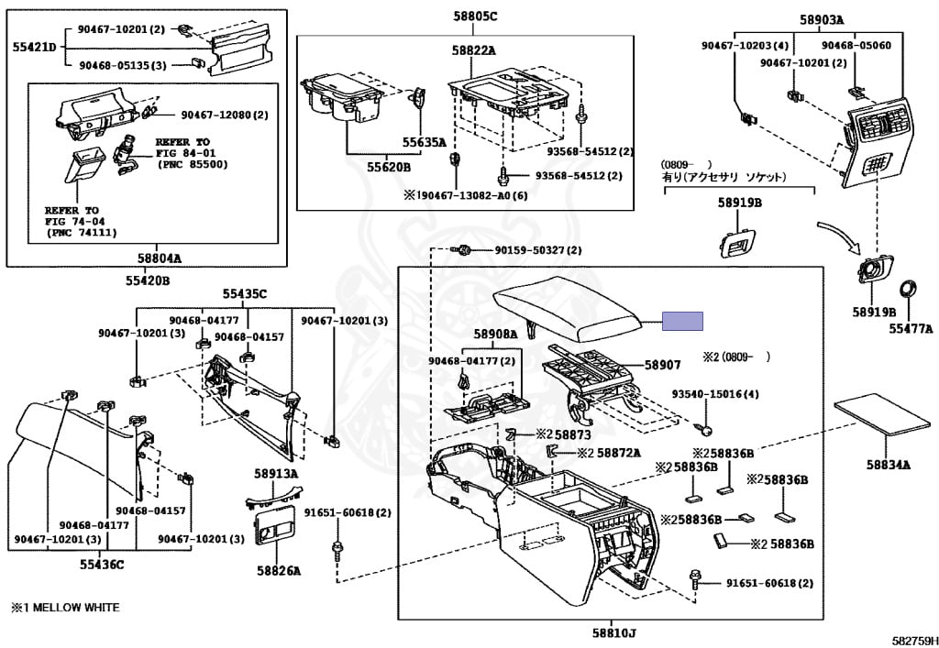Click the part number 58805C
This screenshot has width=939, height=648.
(474, 16)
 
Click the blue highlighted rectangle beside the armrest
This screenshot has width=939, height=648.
(683, 321)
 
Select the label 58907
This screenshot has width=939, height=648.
(663, 365)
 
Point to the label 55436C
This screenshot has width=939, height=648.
(100, 565)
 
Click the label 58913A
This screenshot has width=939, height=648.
(276, 474)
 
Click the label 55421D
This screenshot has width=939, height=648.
(34, 46)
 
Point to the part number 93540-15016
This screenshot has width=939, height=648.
(715, 394)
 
